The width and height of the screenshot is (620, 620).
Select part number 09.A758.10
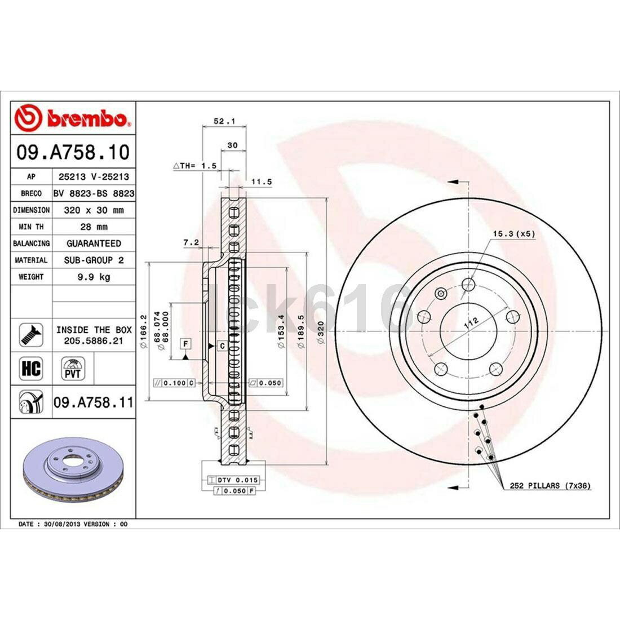tap(73, 152)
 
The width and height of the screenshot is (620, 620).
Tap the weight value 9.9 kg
tap(94, 277)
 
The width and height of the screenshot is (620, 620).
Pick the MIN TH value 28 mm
tap(94, 227)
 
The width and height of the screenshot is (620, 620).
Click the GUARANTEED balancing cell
tap(94, 243)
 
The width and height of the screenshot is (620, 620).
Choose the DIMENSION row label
tap(31, 210)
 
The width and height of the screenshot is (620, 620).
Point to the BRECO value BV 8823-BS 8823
tap(94, 193)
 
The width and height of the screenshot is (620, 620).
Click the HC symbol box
tap(31, 368)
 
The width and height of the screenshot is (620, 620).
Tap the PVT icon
tap(73, 369)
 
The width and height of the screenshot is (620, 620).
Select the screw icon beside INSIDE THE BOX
tap(31, 335)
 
